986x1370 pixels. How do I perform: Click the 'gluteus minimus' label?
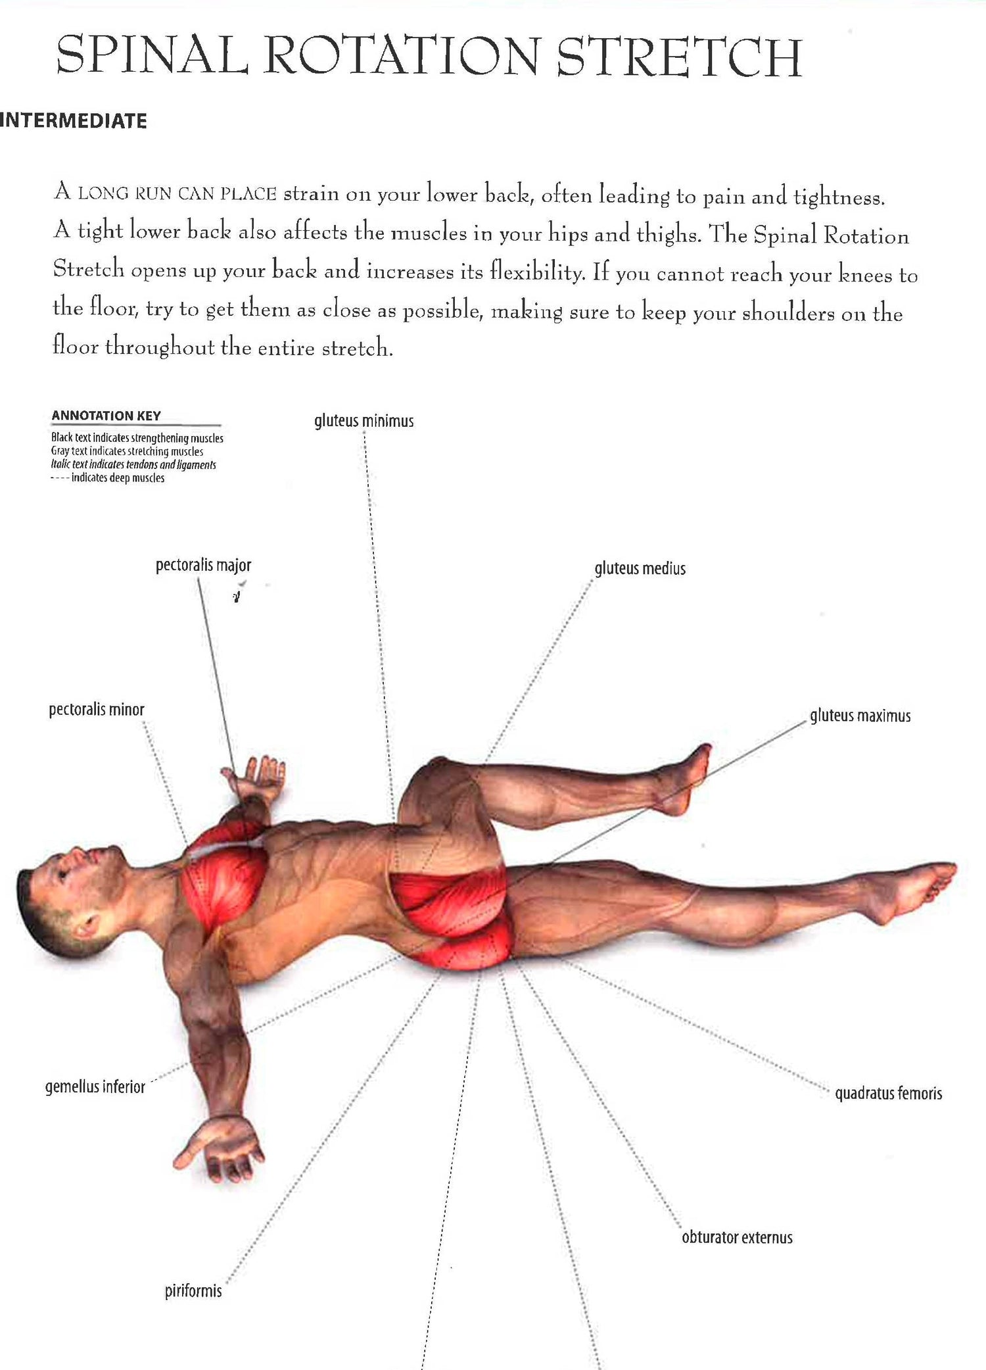pyautogui.click(x=364, y=421)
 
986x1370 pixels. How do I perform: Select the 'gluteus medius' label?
pyautogui.click(x=640, y=568)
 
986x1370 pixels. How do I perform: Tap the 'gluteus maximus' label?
pyautogui.click(x=860, y=716)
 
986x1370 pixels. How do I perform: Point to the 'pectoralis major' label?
pyautogui.click(x=203, y=566)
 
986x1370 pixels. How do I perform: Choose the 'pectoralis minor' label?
pyautogui.click(x=97, y=710)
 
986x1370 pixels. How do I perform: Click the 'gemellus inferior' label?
pyautogui.click(x=95, y=1087)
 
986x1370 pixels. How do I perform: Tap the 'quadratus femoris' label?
pyautogui.click(x=889, y=1093)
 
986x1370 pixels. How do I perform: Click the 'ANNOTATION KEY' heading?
pyautogui.click(x=106, y=416)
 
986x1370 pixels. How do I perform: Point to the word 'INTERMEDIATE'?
pyautogui.click(x=73, y=121)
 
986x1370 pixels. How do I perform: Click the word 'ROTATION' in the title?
pyautogui.click(x=402, y=56)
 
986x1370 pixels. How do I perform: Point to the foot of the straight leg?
pyautogui.click(x=910, y=891)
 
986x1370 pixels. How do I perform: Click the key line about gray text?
pyautogui.click(x=127, y=452)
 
